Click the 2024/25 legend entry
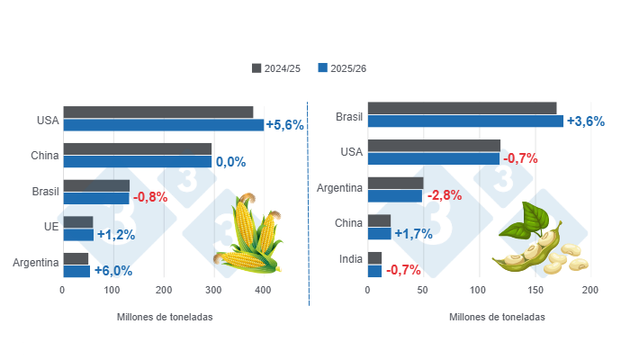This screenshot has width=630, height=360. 276,68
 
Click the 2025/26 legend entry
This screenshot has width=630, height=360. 342,68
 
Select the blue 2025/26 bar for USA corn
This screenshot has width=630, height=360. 163,125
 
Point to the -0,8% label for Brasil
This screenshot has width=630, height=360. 150,198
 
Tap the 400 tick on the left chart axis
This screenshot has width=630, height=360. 263,291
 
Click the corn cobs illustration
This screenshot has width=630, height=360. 248,236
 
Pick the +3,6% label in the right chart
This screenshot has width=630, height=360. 585,121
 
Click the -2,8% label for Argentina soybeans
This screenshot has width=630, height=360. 444,195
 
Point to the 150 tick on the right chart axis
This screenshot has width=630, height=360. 535,291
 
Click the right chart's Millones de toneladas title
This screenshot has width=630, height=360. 497,318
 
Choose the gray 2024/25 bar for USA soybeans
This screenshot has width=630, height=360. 434,145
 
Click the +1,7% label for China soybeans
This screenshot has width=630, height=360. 412,233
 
